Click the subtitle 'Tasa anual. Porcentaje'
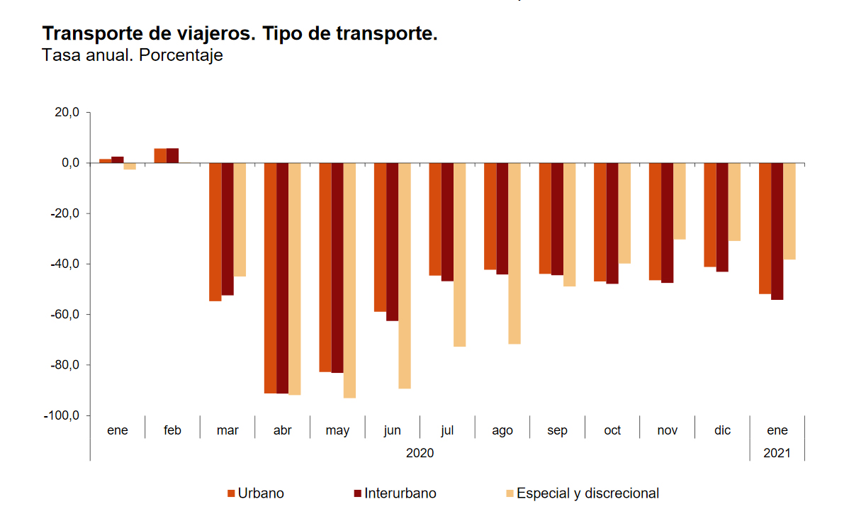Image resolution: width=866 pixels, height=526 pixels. (133, 55)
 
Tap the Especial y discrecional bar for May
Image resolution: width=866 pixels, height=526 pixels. (349, 280)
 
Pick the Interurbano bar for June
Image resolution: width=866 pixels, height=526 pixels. (392, 242)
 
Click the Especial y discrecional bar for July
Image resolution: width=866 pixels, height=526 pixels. (459, 254)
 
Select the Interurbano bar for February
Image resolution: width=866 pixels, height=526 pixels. (172, 155)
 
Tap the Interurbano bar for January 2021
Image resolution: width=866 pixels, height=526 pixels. (777, 231)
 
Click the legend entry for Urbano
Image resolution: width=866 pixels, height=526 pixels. (256, 493)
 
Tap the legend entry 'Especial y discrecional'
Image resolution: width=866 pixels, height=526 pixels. (582, 493)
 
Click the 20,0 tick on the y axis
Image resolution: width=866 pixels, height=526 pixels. (66, 113)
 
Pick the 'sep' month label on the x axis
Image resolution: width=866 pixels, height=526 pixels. (558, 430)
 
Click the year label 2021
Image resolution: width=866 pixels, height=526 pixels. (777, 452)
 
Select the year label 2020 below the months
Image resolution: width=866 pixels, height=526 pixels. (420, 452)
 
